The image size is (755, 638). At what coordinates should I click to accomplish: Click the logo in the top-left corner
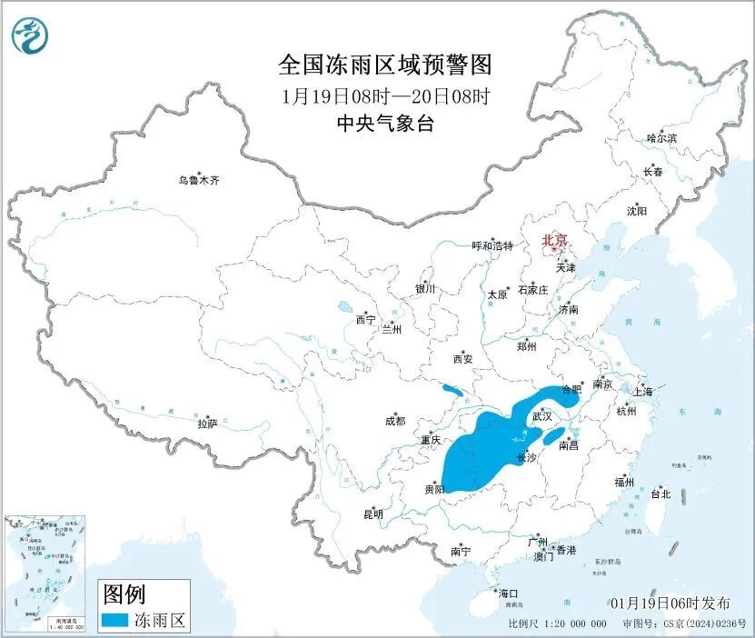click(29, 35)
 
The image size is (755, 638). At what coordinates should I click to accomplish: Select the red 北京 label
click(554, 241)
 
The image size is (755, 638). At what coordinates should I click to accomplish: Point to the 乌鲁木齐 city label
click(198, 181)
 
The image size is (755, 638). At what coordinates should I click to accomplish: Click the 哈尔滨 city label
click(661, 138)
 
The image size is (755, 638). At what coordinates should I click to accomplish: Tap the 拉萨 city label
click(207, 424)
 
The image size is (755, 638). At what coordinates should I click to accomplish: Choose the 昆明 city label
click(373, 514)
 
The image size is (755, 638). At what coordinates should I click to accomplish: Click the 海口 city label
click(508, 593)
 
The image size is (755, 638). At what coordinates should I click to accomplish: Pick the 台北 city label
click(660, 494)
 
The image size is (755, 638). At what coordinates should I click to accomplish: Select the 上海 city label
click(643, 392)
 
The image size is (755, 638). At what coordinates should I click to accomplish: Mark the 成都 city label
click(395, 421)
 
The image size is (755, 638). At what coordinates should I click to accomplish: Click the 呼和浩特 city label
click(493, 246)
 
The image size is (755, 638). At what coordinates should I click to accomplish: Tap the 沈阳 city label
click(637, 211)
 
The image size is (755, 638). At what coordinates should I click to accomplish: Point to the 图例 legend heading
click(124, 595)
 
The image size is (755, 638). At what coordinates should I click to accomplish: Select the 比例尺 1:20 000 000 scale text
click(558, 624)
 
